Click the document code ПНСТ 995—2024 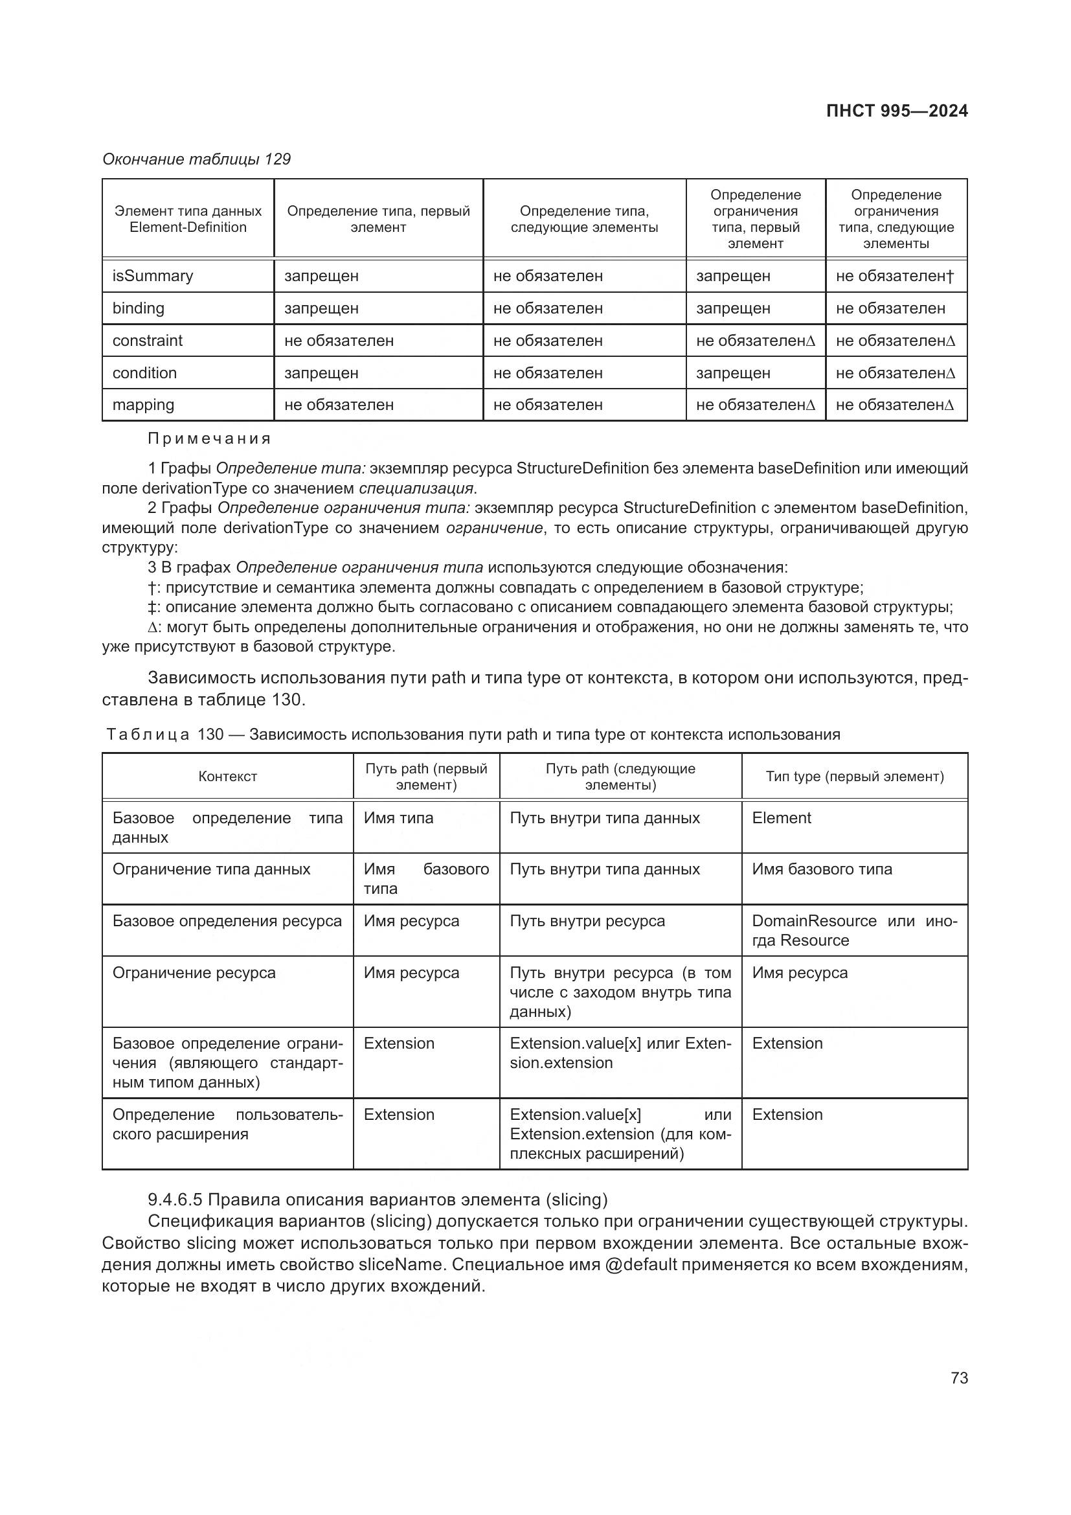896,111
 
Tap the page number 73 959,1378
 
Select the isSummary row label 152,276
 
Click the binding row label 139,308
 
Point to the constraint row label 147,341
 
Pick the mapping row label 143,404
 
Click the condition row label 144,373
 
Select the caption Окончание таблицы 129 197,159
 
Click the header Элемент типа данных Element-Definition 188,219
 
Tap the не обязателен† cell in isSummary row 894,276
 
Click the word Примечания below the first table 209,439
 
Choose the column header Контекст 227,777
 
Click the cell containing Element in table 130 782,818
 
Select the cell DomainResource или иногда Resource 853,930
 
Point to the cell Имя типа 398,818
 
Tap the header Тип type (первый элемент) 854,777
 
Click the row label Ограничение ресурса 194,973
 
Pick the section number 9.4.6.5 174,1199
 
